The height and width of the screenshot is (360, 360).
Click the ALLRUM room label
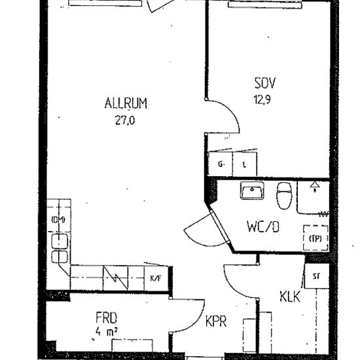(125, 103)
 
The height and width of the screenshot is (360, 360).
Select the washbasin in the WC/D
(251, 191)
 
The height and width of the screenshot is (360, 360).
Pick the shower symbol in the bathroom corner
(315, 189)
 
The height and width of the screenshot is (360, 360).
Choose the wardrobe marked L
(244, 165)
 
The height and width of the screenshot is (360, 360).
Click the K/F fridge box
(156, 277)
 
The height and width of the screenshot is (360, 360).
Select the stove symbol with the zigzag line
(119, 277)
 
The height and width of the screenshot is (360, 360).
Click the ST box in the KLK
(315, 276)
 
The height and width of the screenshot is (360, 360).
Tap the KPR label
(215, 323)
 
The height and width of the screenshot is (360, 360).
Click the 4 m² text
(105, 332)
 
